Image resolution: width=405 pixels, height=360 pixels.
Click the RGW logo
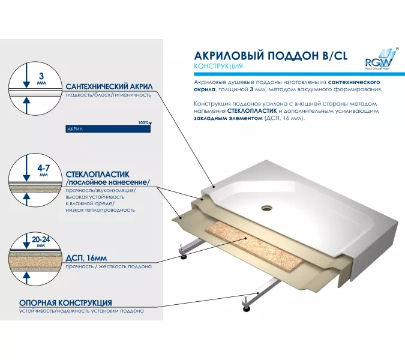(382, 59)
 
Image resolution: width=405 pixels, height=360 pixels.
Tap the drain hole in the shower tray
(266, 208)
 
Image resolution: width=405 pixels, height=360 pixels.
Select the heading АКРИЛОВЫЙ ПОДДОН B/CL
(271, 56)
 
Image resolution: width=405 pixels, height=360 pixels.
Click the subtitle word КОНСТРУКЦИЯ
(218, 66)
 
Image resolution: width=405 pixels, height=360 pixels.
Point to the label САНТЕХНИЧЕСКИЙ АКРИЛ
(109, 86)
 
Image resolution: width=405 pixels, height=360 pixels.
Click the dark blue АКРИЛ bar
(108, 128)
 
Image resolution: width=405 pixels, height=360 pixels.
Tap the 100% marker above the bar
(143, 122)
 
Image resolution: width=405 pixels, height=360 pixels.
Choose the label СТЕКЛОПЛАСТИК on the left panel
(97, 175)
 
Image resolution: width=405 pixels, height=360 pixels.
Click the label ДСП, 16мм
(86, 258)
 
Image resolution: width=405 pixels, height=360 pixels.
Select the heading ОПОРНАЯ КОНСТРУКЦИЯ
(65, 302)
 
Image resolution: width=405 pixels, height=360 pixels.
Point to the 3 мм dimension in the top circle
(41, 79)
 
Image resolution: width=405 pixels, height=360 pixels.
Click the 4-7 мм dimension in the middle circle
(43, 170)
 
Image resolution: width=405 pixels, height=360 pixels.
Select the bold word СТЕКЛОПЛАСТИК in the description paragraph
(252, 111)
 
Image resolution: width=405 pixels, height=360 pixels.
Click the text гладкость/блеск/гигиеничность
(108, 95)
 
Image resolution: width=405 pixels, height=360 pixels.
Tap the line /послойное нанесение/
(108, 182)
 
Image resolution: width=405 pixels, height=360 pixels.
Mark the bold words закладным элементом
(228, 118)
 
